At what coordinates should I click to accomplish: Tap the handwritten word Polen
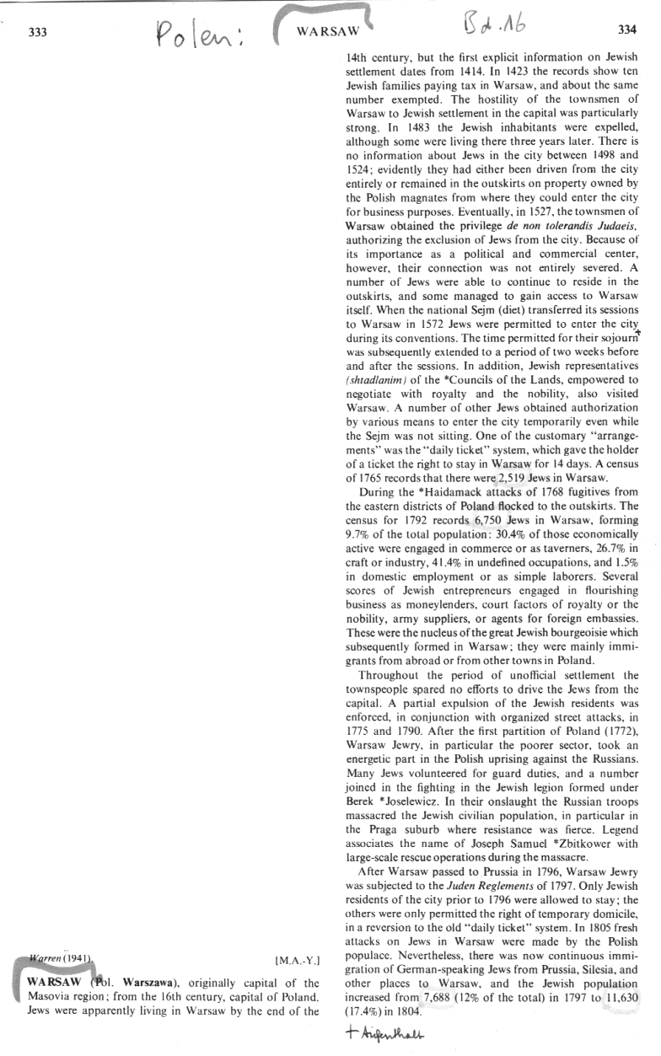pyautogui.click(x=202, y=36)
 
